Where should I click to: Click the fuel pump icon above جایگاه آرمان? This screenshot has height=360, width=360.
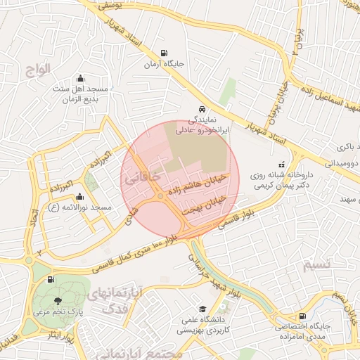click(164, 53)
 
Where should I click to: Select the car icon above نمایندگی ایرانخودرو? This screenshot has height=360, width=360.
click(202, 109)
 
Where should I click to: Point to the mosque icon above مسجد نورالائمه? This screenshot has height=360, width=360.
click(79, 197)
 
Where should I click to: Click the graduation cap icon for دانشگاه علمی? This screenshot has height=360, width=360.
click(202, 309)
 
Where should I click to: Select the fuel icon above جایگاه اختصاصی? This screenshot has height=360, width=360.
click(302, 316)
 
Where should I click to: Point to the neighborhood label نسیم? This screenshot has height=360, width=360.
click(315, 265)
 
